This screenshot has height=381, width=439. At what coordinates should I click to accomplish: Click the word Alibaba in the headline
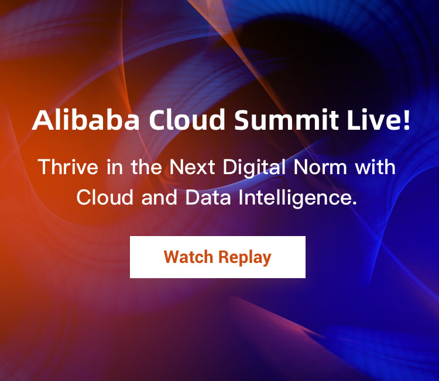coord(85,120)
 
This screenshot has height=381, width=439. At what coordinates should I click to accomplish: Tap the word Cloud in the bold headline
coord(187,120)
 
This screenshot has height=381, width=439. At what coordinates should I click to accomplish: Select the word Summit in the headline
coord(286,120)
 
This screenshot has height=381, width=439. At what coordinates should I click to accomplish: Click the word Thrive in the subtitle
coord(68,167)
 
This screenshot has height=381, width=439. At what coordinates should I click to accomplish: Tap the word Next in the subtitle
coord(192,167)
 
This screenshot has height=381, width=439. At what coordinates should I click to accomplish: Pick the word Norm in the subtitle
coord(320,167)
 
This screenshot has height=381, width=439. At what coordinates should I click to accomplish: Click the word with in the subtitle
coord(375,167)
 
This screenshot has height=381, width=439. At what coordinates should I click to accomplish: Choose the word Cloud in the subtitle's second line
coord(105,197)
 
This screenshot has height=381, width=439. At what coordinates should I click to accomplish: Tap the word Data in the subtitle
coord(208,197)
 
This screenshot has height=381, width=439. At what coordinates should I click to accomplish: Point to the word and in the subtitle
coord(159,197)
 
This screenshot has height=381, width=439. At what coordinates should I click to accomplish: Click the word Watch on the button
coord(188,257)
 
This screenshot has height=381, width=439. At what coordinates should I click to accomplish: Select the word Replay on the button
coord(245,258)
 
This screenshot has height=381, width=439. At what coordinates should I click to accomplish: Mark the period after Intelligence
coord(355,203)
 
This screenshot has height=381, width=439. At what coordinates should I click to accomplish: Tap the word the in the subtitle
coord(146,167)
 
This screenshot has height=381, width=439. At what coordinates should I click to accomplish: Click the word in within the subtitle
coord(115,167)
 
